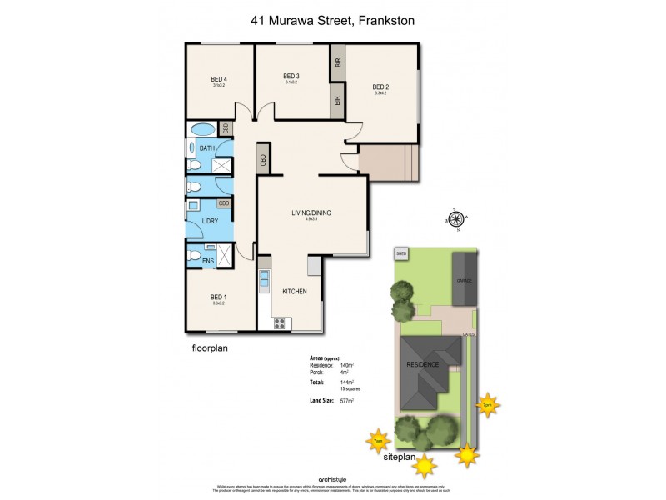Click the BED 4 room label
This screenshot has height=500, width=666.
[x=220, y=79]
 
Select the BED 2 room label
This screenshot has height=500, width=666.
[x=380, y=87]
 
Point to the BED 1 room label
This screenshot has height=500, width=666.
[x=218, y=297]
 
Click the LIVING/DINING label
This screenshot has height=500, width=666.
[x=311, y=213]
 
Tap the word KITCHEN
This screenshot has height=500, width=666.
[x=295, y=292]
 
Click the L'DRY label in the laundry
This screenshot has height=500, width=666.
[x=211, y=221]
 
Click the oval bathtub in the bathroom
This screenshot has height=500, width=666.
[x=201, y=130]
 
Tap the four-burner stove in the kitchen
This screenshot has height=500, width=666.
[x=280, y=323]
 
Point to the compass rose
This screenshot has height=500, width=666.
[x=455, y=219]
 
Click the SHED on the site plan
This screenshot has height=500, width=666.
[x=401, y=253]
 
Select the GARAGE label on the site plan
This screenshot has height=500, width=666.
[x=464, y=281]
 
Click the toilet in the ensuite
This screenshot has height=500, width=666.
[x=193, y=256]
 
